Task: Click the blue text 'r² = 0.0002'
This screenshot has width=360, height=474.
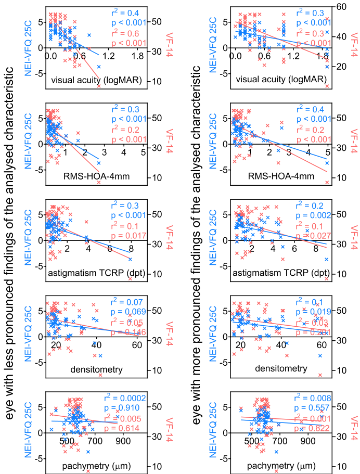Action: (x=127, y=398)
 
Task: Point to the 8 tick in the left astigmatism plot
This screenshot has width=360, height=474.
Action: (x=131, y=249)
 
